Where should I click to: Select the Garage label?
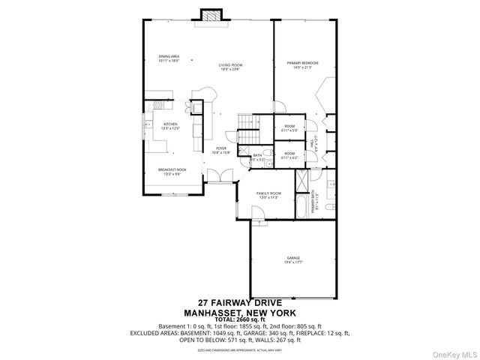[x=292, y=259]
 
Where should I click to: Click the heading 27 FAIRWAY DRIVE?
[x=240, y=302]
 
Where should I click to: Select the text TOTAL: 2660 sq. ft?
[x=240, y=319]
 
